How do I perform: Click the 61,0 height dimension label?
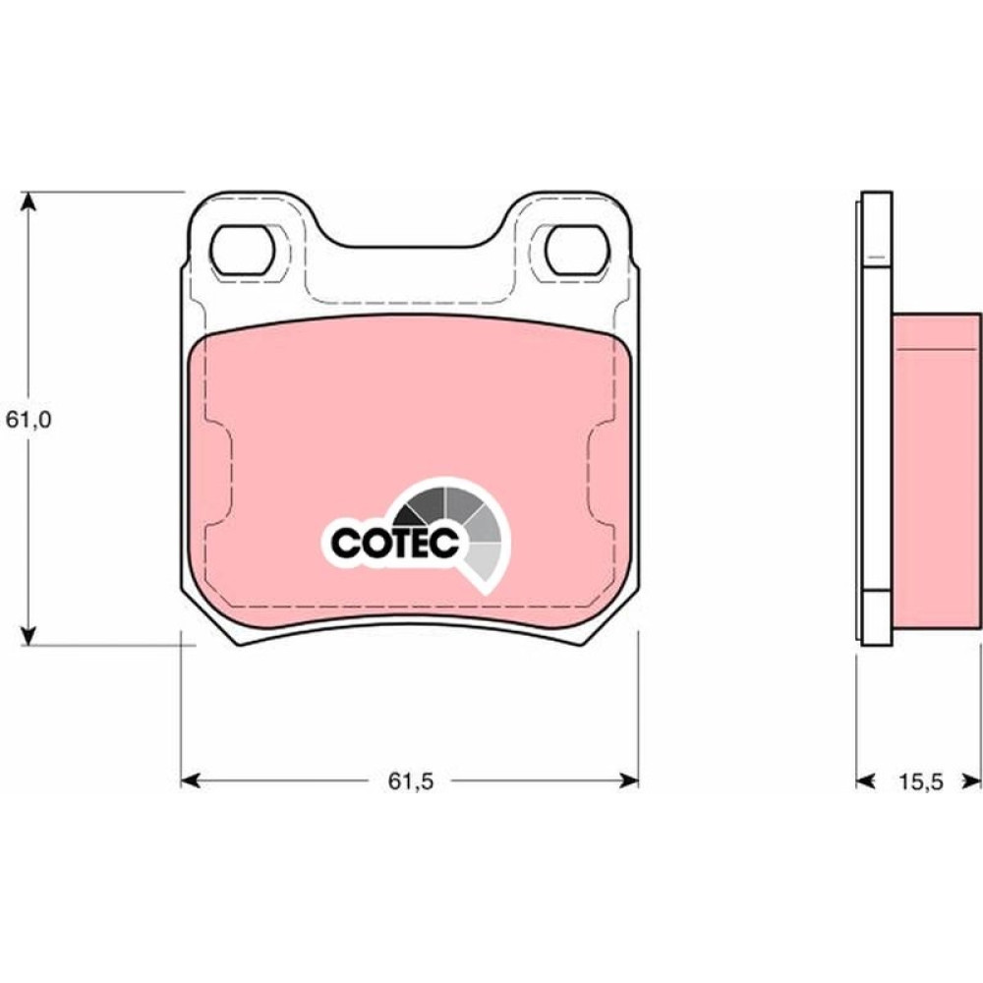pyautogui.click(x=29, y=420)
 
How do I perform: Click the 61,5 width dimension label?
pyautogui.click(x=411, y=781)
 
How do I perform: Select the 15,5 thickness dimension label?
pyautogui.click(x=921, y=781)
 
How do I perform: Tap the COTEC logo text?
pyautogui.click(x=395, y=543)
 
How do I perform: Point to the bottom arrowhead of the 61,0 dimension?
pyautogui.click(x=27, y=634)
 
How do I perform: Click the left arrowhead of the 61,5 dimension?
pyautogui.click(x=191, y=781)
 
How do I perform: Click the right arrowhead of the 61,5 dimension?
pyautogui.click(x=629, y=781)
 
